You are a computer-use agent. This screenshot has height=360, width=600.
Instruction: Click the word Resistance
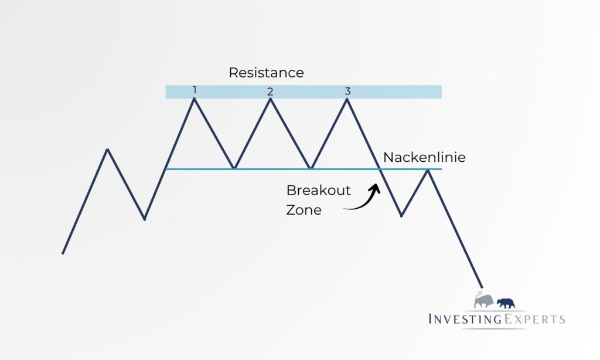[266, 73]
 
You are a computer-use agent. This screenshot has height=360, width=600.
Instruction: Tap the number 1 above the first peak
[195, 90]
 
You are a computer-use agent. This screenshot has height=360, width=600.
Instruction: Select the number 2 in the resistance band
[270, 91]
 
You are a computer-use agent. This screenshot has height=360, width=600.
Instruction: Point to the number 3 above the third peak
[347, 91]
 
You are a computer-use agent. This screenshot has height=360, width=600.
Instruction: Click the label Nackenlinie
[424, 157]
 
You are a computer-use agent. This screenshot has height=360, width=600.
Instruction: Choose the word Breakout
[318, 191]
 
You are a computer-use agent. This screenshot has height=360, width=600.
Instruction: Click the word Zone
[304, 210]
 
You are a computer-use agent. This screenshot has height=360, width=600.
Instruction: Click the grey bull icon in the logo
[483, 301]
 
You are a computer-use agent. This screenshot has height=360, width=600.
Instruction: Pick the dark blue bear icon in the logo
[506, 303]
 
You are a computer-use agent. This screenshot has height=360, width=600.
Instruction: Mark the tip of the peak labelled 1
[194, 99]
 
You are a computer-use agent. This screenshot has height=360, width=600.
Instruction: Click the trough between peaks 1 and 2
[234, 168]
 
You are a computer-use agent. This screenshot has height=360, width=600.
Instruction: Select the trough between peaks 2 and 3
[311, 168]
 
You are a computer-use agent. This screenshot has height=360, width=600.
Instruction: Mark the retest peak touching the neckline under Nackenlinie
[428, 170]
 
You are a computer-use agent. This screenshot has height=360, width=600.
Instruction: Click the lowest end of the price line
[482, 287]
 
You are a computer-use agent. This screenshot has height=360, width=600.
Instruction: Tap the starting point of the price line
[63, 253]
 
